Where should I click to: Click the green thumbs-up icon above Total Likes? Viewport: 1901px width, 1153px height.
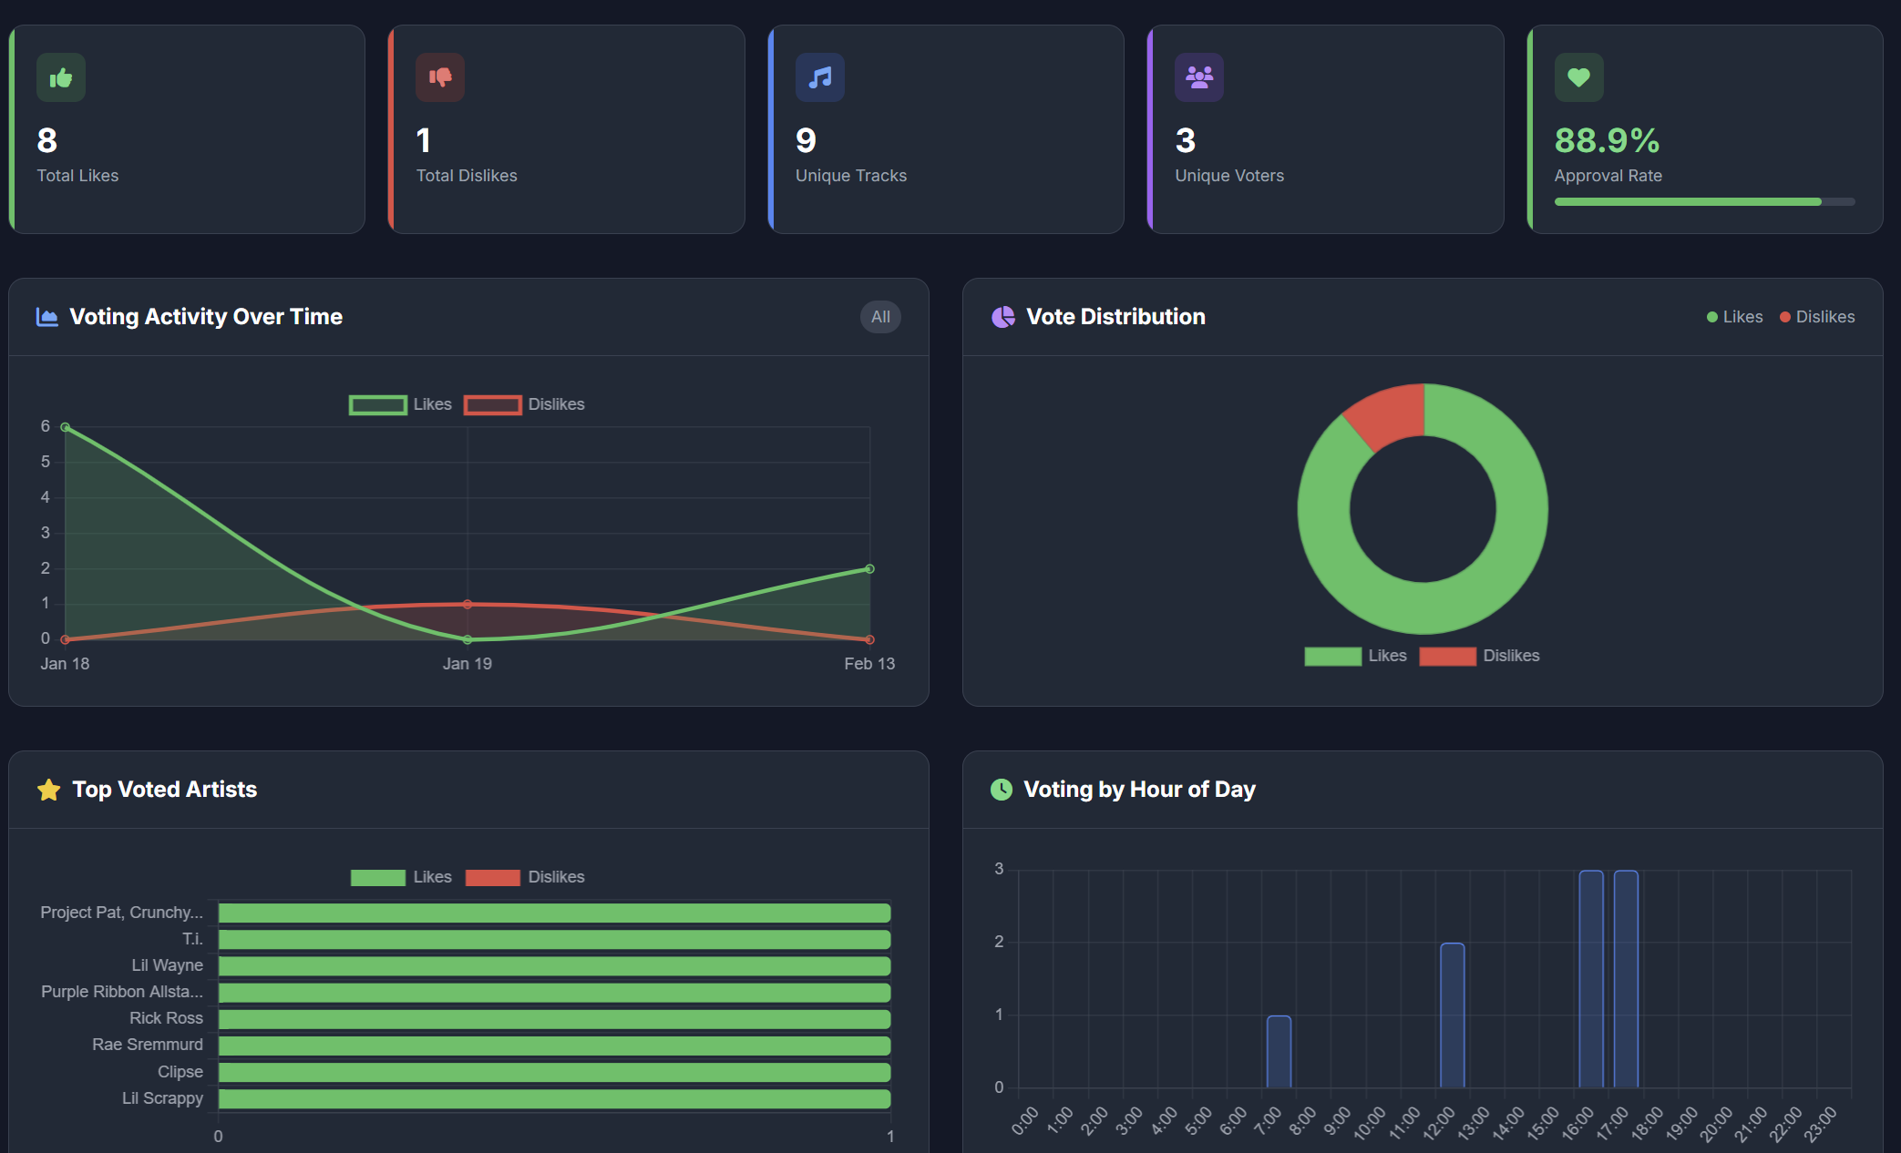(61, 78)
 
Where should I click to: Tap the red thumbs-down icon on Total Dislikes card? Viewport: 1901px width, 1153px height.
(440, 78)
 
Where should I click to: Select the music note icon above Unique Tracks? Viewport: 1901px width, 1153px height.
(820, 78)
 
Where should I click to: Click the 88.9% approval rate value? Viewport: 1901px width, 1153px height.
(1607, 141)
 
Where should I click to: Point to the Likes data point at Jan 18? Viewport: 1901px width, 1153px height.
(66, 427)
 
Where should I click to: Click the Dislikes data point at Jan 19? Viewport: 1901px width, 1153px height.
(468, 604)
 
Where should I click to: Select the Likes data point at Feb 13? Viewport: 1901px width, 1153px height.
(869, 569)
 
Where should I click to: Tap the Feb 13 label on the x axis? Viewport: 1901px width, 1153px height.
(868, 664)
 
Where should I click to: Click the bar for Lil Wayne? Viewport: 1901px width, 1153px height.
(554, 966)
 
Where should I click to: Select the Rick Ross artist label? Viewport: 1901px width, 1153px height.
(166, 1018)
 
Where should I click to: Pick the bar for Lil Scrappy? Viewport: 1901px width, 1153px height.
(554, 1099)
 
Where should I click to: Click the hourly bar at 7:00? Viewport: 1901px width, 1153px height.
(1279, 1052)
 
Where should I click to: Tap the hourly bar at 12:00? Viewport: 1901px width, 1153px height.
(1452, 1015)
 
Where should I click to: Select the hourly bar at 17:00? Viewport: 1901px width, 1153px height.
(1626, 979)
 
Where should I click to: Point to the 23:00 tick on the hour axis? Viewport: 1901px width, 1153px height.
(1820, 1124)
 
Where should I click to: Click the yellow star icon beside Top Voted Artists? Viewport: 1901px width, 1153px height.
(49, 790)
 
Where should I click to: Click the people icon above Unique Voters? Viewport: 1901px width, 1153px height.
(1199, 78)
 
